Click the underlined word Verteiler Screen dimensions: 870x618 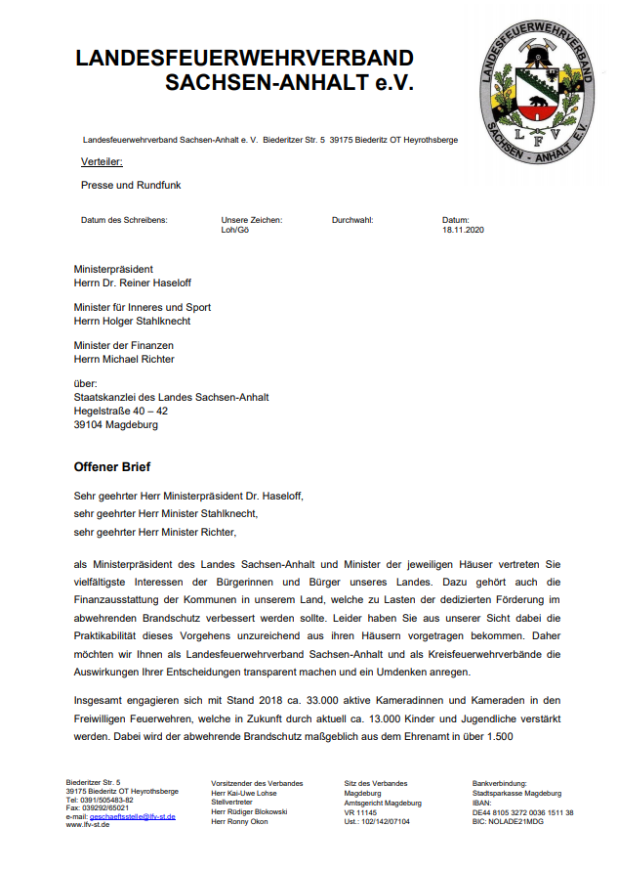[102, 161]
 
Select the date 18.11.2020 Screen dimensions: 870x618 [463, 230]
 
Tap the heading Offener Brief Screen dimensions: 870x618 [112, 466]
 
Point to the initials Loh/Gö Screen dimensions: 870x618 [235, 230]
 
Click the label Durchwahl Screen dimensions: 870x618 [352, 220]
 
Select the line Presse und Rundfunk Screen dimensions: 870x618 [131, 185]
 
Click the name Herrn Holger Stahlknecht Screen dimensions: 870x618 [132, 321]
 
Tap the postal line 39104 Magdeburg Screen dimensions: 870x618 [116, 425]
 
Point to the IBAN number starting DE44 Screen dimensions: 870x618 [522, 812]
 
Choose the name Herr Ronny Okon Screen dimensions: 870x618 [241, 821]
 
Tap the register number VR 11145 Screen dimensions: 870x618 [360, 812]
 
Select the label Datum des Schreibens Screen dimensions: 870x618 [124, 220]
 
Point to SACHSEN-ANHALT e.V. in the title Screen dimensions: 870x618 [290, 83]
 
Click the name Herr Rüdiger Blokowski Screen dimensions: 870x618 [249, 812]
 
